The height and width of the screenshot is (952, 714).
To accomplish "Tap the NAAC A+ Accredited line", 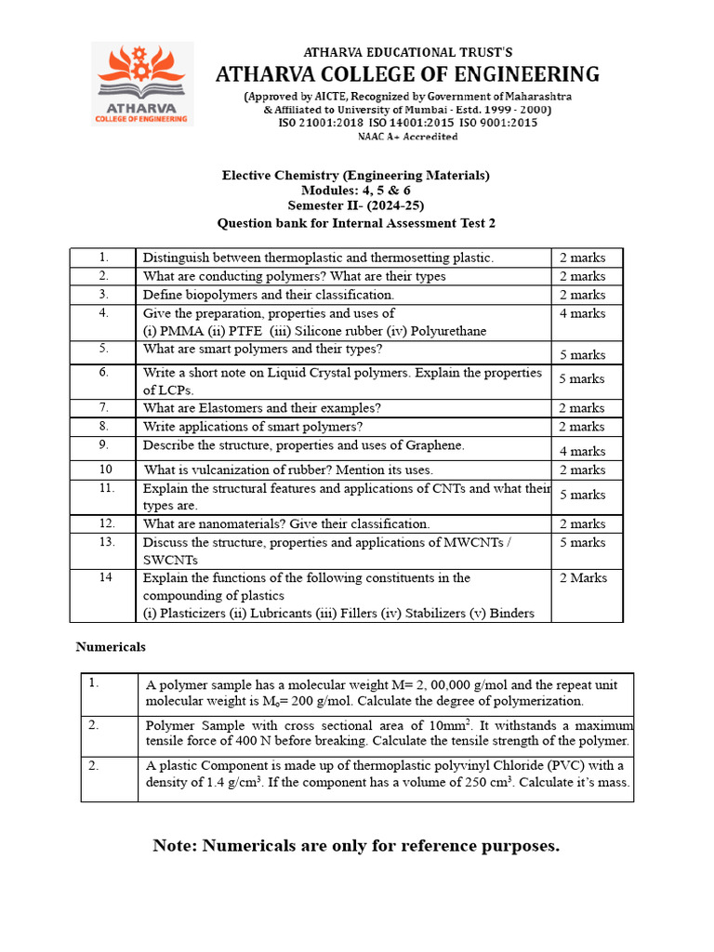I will tap(407, 137).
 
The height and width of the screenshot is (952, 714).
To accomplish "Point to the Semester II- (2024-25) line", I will tap(355, 206).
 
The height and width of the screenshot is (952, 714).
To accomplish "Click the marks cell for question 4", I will tap(582, 314).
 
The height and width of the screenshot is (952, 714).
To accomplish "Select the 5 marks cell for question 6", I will tap(582, 379).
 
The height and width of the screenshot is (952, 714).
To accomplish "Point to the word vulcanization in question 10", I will tap(235, 470).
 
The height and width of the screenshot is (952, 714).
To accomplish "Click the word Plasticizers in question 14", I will tap(195, 613).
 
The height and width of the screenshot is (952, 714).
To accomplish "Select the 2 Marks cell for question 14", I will tap(583, 578).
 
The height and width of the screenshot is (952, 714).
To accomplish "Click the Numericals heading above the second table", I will tap(111, 647).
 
